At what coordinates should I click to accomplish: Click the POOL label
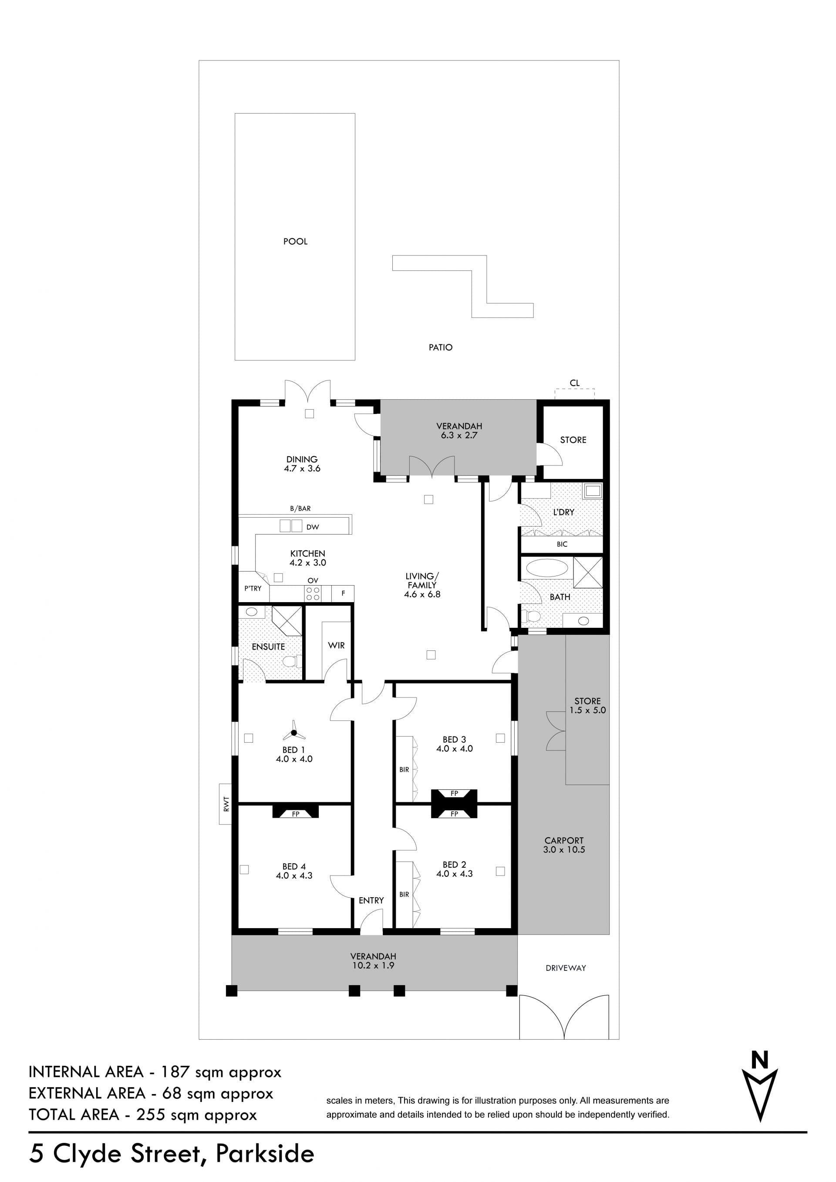tap(296, 242)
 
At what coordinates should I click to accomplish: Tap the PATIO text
tap(441, 347)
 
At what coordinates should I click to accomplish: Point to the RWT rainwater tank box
tap(226, 804)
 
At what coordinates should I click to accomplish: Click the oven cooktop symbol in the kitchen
tap(313, 593)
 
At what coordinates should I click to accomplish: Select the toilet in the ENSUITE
tap(292, 661)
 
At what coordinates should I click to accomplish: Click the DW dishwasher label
tap(313, 527)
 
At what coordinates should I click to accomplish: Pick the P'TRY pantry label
tap(253, 589)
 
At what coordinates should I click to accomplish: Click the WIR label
tap(336, 646)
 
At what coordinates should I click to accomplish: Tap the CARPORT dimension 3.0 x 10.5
tap(564, 849)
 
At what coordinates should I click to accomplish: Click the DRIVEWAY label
tap(566, 968)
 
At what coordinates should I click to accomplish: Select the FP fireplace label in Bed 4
tap(296, 815)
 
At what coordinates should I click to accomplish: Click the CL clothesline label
tap(574, 383)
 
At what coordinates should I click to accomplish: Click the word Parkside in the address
tap(265, 1154)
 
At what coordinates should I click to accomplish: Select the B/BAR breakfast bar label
tap(300, 508)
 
